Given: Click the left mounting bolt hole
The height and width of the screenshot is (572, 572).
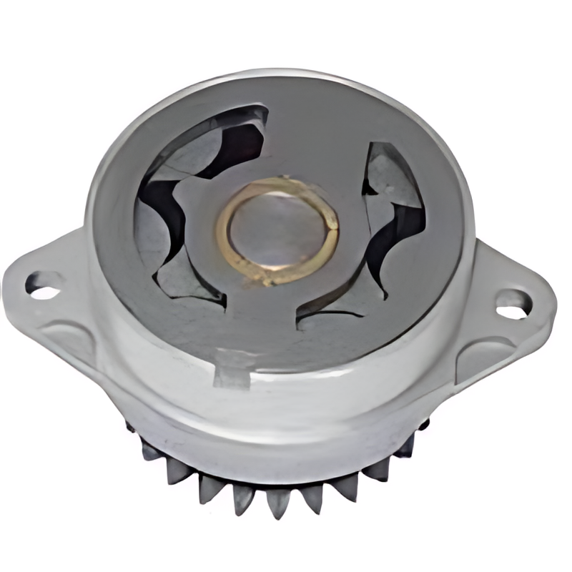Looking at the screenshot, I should click(43, 285).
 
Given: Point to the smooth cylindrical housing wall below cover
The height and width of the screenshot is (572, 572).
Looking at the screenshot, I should click(286, 422).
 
